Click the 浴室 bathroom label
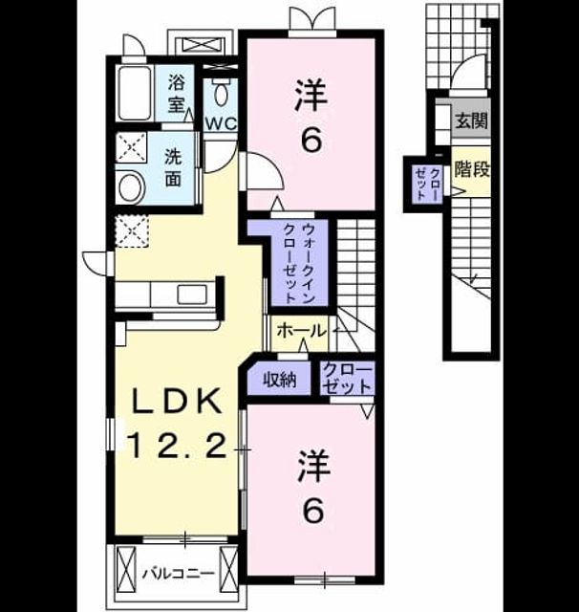[176, 94]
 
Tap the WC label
[222, 124]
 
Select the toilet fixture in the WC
[222, 92]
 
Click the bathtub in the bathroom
[135, 94]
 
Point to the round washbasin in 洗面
[132, 188]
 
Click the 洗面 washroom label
[173, 167]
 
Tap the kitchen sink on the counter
[193, 295]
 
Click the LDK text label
[178, 401]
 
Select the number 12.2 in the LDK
[178, 446]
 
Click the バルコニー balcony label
[178, 574]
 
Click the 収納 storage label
[280, 379]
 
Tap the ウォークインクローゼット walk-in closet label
[299, 264]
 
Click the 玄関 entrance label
[472, 120]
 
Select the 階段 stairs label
[472, 169]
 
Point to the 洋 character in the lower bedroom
[313, 466]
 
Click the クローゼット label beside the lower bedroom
[347, 378]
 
